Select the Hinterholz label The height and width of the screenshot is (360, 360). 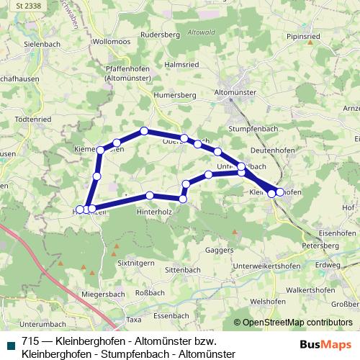click(x=153, y=212)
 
